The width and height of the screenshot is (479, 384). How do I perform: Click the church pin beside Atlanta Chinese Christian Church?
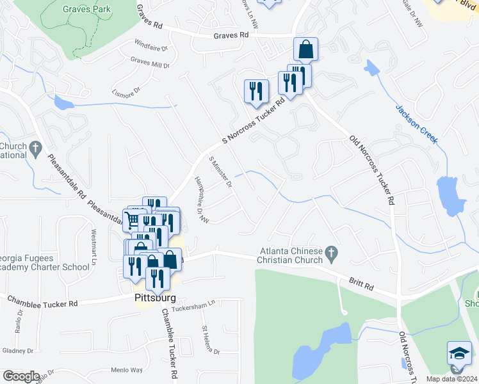(x=332, y=255)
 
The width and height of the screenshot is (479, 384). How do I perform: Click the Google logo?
(x=21, y=376)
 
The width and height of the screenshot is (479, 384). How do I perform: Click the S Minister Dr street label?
(x=220, y=172)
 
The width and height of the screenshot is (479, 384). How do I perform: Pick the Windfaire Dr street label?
(x=150, y=47)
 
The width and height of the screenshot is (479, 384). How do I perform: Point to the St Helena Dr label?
(x=211, y=340)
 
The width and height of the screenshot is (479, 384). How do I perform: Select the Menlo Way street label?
(x=127, y=370)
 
